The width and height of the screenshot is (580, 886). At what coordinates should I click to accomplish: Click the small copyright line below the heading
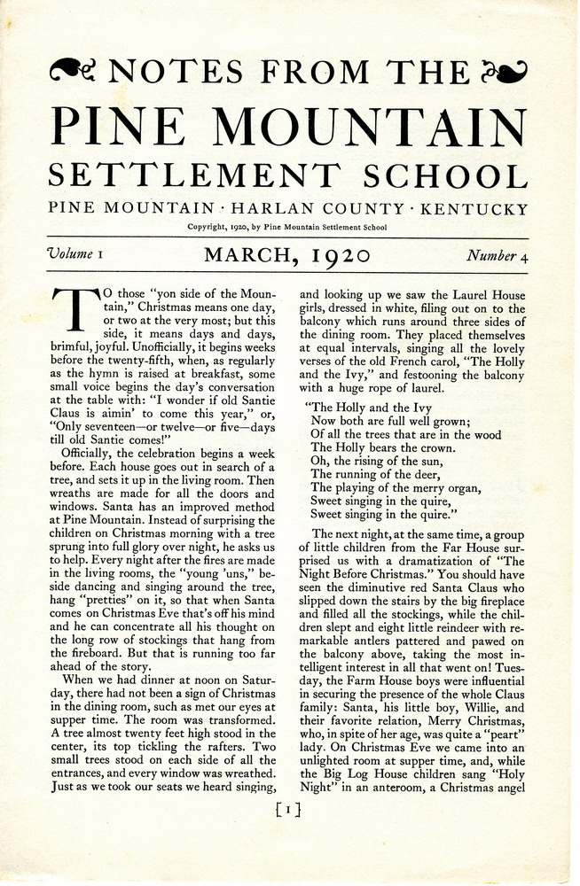tap(287, 228)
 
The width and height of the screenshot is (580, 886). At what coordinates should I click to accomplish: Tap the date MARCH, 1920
tap(286, 257)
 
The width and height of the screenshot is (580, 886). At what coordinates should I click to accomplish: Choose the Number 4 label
tap(497, 256)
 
